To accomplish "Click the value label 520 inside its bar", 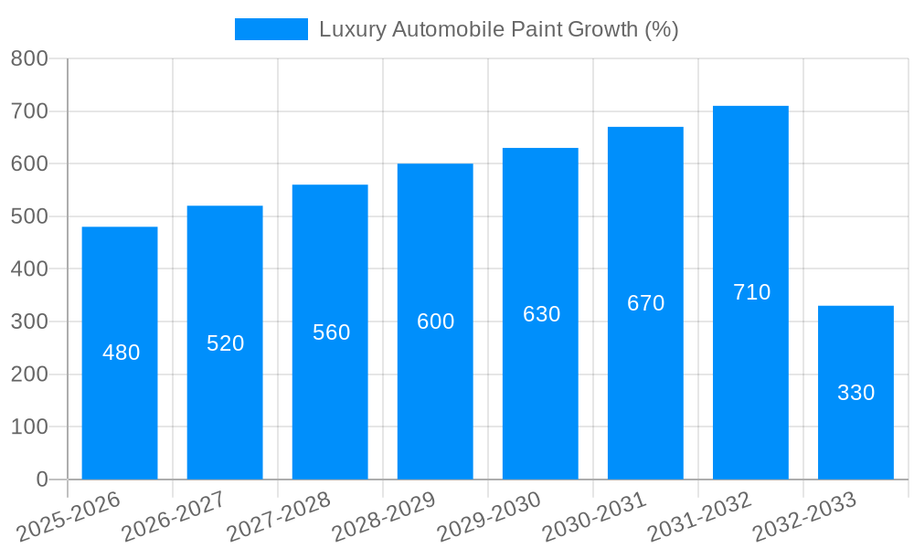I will (x=225, y=343).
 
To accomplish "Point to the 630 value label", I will (x=541, y=314).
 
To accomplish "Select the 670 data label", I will (x=645, y=303).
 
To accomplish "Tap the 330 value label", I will (x=856, y=393).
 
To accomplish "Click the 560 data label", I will (x=331, y=332).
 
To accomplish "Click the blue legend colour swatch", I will (x=271, y=29).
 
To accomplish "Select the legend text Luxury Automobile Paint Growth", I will (x=498, y=29).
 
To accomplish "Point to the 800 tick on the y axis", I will (x=29, y=59).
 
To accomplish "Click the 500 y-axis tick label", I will (x=29, y=216).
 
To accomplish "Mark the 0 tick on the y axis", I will (x=42, y=479).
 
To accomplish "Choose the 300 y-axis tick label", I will (x=29, y=321).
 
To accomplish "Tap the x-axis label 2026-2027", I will (x=173, y=517).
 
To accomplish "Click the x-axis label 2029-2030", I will (x=488, y=517).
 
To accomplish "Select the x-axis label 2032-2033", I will (x=803, y=517).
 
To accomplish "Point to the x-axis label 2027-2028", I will (x=278, y=517).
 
